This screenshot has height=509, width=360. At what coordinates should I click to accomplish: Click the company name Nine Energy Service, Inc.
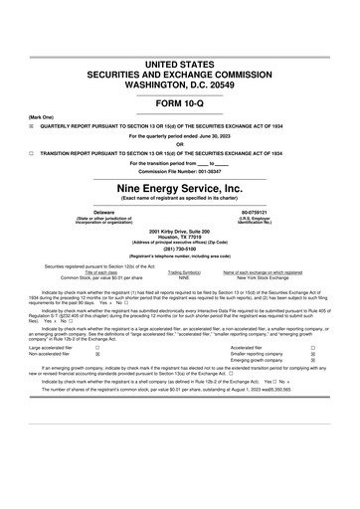pos(179,187)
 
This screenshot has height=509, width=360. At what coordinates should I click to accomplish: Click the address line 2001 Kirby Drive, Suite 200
pos(180,231)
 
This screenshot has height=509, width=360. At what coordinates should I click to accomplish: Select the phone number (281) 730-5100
pos(180,249)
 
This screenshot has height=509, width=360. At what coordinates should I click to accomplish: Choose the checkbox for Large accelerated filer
pos(95,347)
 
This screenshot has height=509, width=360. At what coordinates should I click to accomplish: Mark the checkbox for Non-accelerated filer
pos(95,354)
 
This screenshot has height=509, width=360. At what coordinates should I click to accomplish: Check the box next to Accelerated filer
pos(313,347)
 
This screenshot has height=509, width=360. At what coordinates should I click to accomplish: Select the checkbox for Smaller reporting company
pos(313,354)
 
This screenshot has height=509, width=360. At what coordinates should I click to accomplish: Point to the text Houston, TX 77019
pos(180,237)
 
